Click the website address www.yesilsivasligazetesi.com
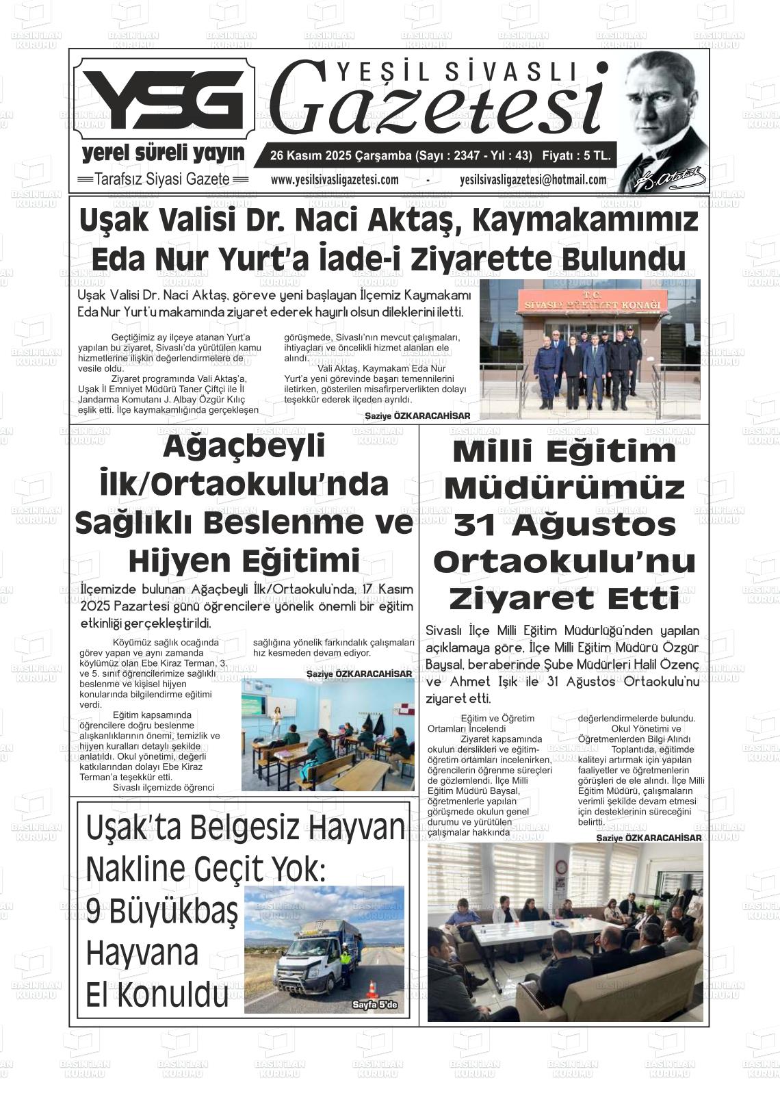[334, 180]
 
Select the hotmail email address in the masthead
[533, 180]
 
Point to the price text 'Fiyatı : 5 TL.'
[576, 156]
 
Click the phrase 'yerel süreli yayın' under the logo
[163, 153]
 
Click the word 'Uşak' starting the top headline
[114, 220]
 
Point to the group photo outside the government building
[590, 348]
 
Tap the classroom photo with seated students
[328, 734]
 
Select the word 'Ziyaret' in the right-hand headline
[526, 599]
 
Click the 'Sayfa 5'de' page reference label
[378, 1005]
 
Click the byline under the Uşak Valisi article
[417, 415]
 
